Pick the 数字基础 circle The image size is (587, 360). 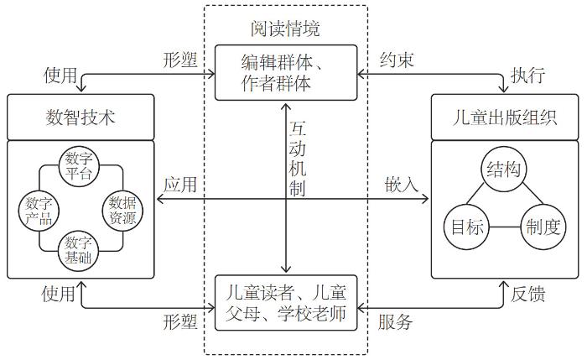[80, 249]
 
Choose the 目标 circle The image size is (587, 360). [464, 227]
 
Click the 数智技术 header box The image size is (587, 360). [81, 117]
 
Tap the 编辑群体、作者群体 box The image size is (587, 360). [287, 72]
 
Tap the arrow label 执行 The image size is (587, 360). [528, 76]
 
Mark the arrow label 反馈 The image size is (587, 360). [528, 294]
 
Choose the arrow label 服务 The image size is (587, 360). [395, 321]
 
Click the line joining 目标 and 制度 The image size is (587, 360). [501, 227]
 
